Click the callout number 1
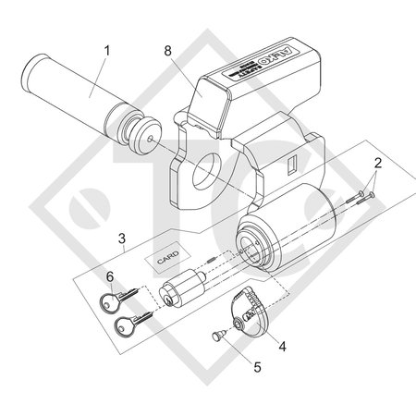110,47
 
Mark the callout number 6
111,276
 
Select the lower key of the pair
129,324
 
